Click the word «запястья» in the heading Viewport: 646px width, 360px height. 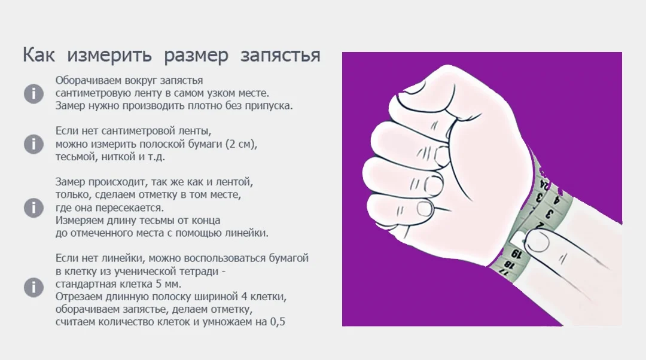[280, 56]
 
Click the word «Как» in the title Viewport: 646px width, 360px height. [38, 54]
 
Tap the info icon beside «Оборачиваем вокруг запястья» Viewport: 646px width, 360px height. [33, 93]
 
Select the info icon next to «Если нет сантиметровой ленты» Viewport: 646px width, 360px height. [33, 144]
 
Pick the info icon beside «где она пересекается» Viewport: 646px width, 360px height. [33, 208]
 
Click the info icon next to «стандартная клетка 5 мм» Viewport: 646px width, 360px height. [33, 287]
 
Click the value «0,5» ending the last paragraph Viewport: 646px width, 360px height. [278, 322]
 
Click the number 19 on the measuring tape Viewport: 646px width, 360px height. [516, 254]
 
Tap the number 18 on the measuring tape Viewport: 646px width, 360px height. [510, 264]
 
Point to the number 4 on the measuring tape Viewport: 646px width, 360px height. [557, 200]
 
